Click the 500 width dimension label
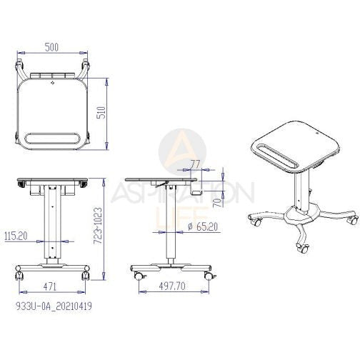coord(51,46)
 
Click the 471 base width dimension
coord(51,286)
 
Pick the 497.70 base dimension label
coord(172,286)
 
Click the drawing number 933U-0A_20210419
coord(54,305)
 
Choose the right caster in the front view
coord(85,274)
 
